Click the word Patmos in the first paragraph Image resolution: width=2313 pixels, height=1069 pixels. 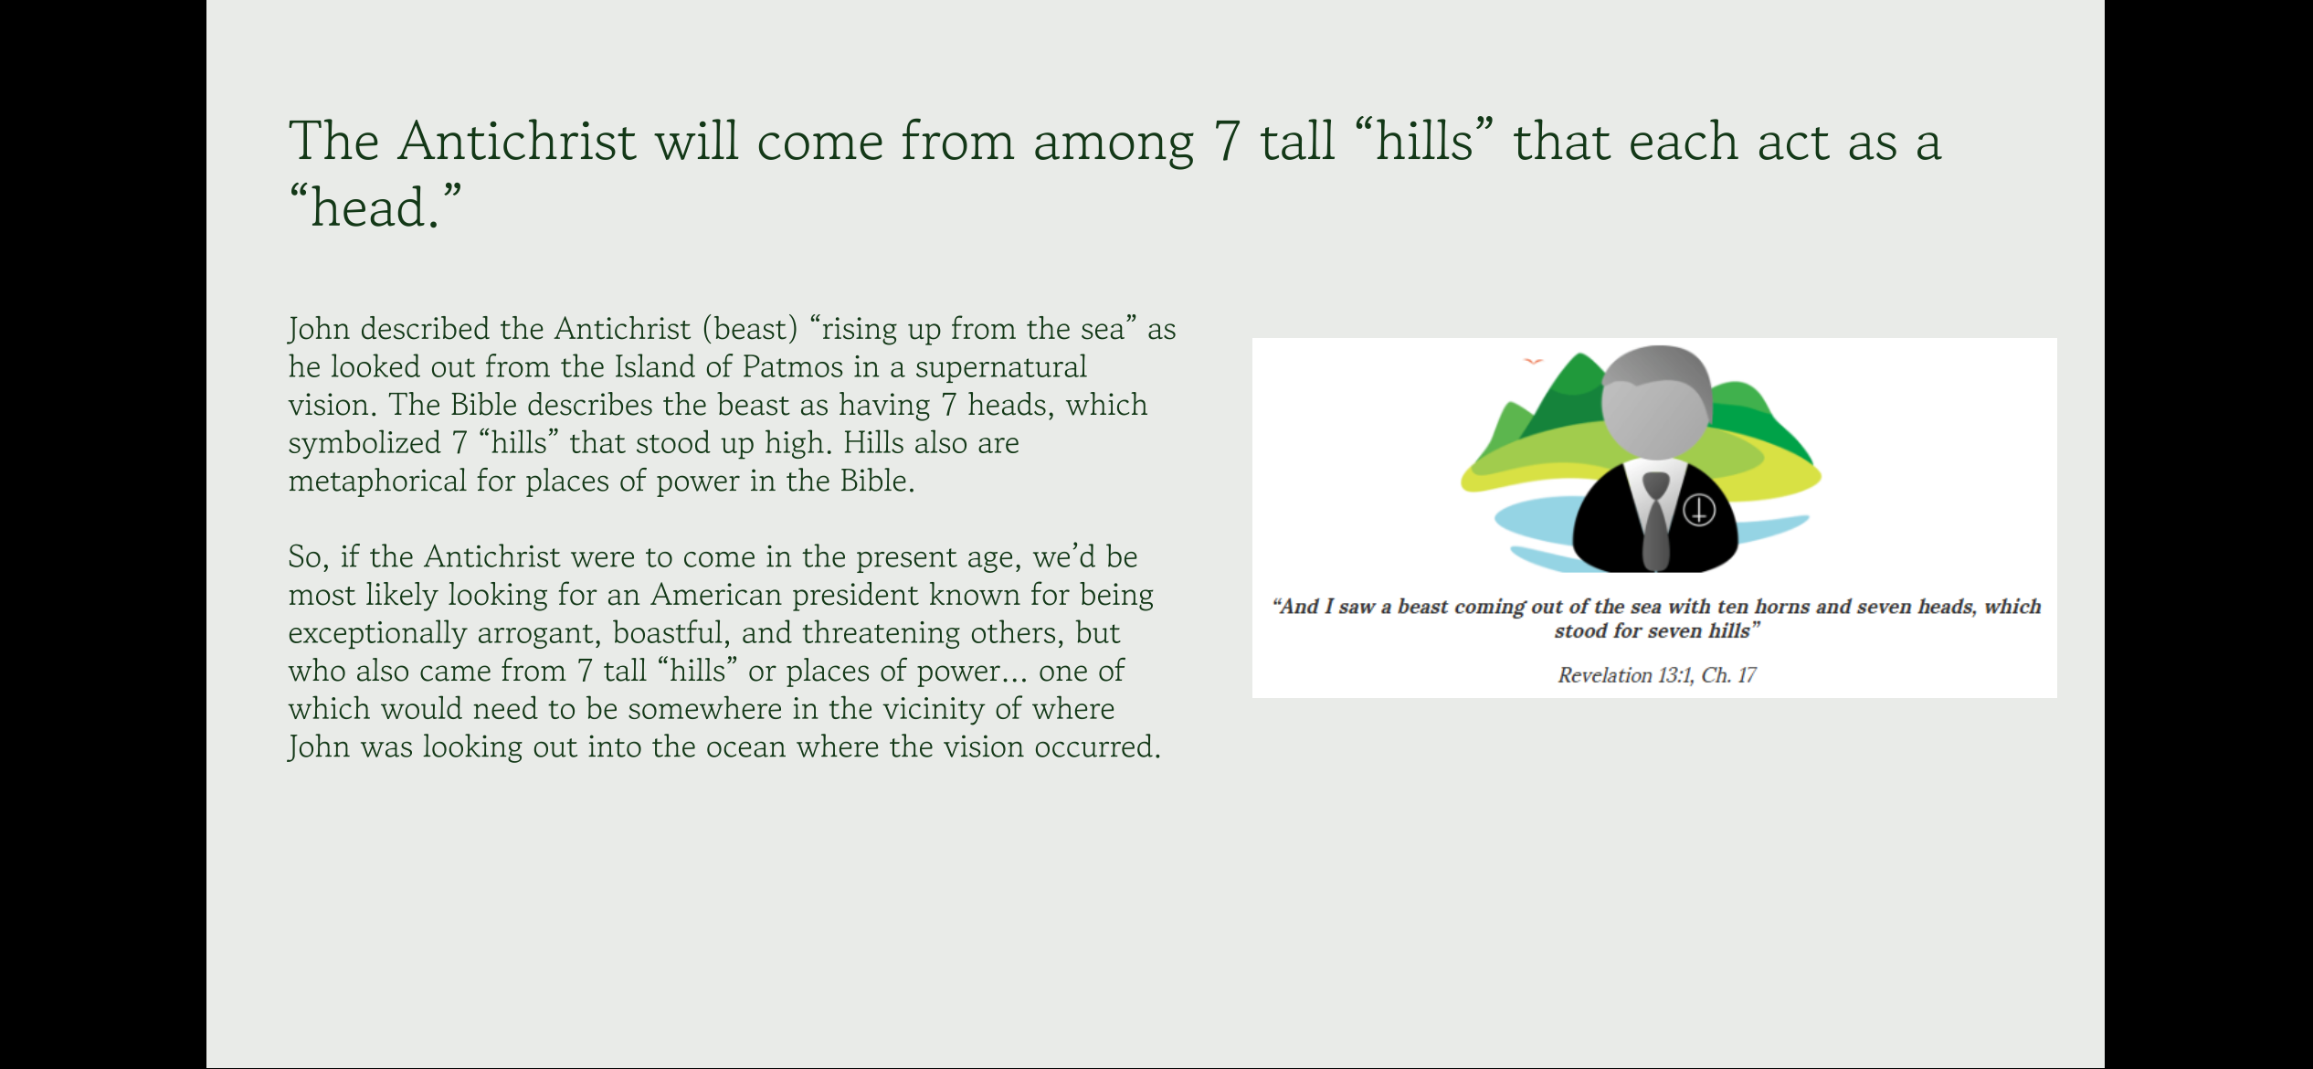pos(792,366)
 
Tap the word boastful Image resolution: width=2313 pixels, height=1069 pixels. pos(670,633)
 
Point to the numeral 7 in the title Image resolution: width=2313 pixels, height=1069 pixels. pos(1226,143)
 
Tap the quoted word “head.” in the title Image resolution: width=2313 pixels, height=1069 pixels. pos(375,206)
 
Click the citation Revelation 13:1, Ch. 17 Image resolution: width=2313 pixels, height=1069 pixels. pos(1656,675)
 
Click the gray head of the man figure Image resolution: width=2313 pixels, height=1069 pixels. pos(1656,399)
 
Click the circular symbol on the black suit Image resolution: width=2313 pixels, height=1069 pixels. pos(1698,510)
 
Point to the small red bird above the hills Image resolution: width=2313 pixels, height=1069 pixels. pos(1533,362)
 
